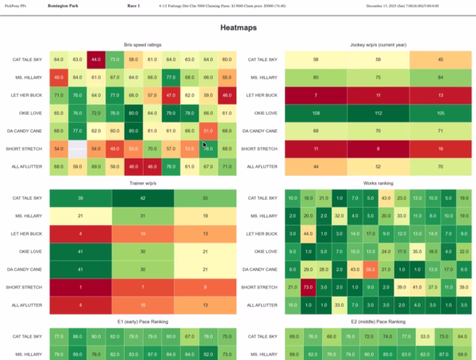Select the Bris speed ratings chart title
click(143, 44)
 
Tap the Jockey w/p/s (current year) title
click(378, 44)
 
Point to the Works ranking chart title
click(378, 183)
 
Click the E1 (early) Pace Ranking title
click(143, 322)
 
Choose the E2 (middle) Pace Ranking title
click(378, 322)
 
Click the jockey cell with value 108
click(316, 113)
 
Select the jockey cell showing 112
click(378, 113)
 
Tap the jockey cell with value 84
click(441, 77)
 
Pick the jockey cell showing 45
click(441, 59)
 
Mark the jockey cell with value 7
click(316, 95)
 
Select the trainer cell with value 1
click(80, 287)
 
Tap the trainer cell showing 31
click(143, 216)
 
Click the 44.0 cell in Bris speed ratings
click(95, 59)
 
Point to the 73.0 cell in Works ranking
click(307, 287)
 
